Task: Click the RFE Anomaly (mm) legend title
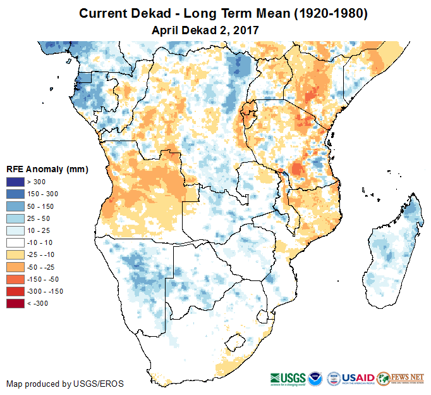click(x=47, y=169)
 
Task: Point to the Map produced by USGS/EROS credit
click(x=64, y=384)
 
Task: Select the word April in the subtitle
click(x=166, y=30)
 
